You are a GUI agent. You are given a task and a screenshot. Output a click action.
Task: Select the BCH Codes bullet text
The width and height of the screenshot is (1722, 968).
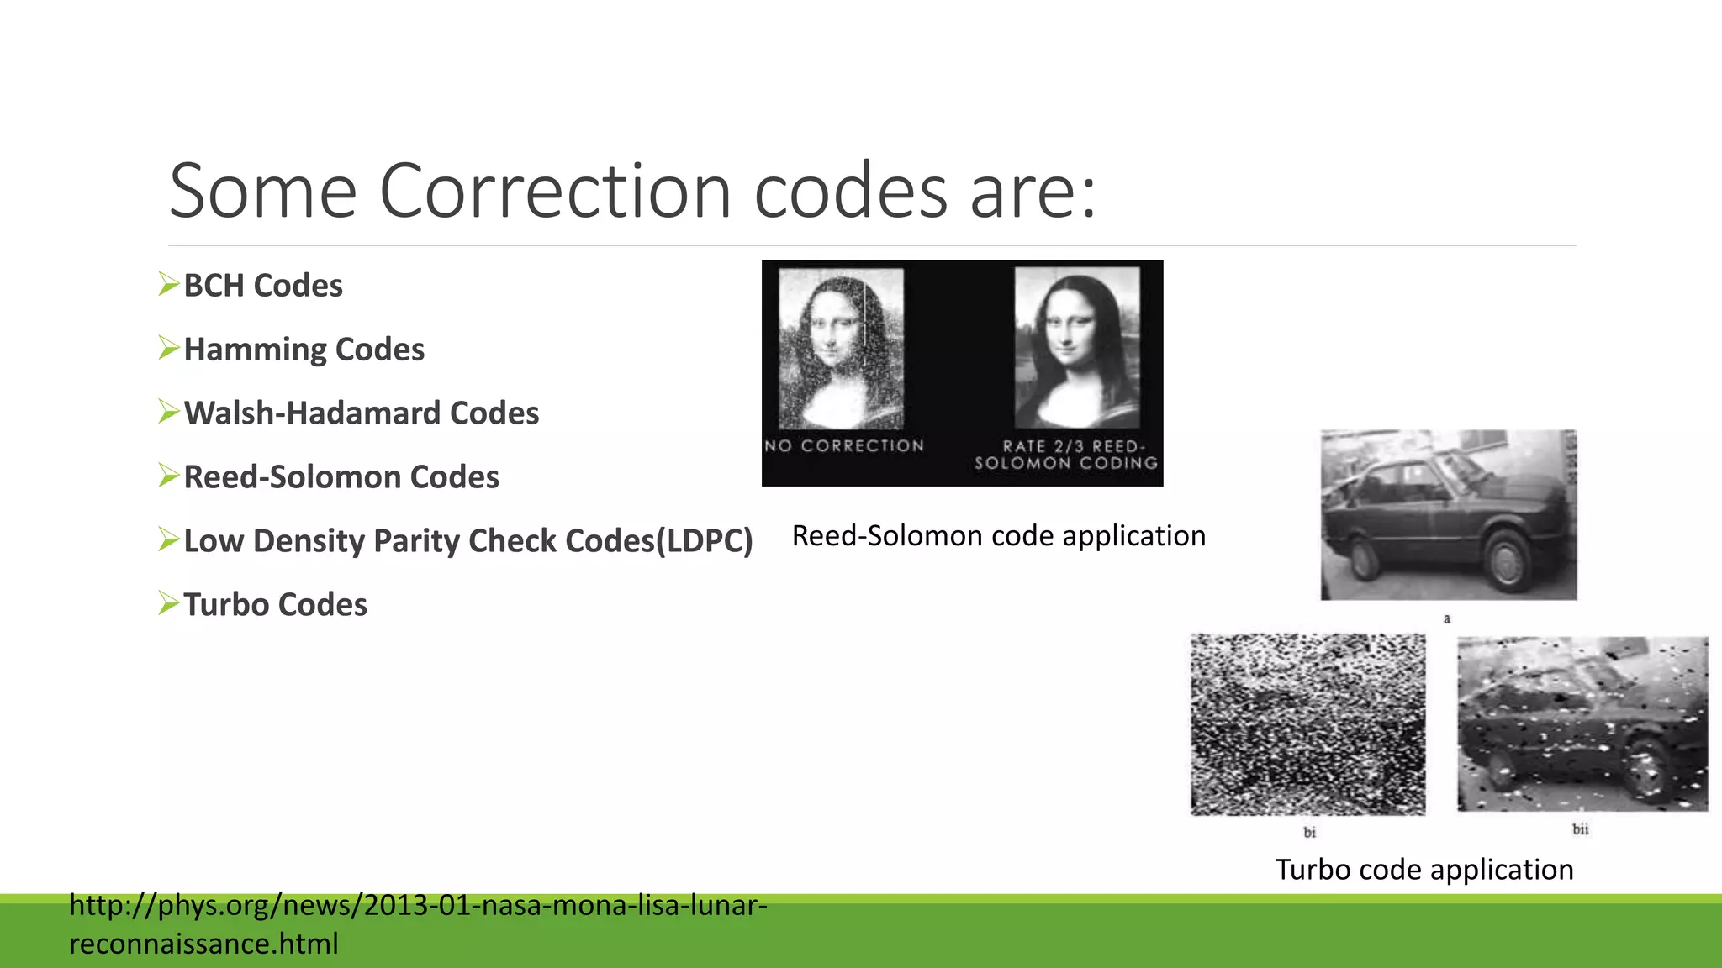(x=263, y=286)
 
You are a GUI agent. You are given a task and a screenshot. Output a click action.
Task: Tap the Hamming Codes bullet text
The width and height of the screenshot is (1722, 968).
(x=304, y=350)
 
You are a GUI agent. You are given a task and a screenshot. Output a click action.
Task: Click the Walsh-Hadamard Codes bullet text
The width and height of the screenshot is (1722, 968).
(x=361, y=413)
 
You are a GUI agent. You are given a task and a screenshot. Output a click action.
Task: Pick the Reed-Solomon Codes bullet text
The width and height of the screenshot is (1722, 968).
(x=341, y=477)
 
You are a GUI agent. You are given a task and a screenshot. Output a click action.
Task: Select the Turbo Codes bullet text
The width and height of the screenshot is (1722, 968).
(x=275, y=605)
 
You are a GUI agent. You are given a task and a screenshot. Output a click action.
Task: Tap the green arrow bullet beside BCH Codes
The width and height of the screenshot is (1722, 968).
(x=169, y=284)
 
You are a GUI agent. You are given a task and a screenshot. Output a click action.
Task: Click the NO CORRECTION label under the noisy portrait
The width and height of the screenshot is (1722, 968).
(x=844, y=445)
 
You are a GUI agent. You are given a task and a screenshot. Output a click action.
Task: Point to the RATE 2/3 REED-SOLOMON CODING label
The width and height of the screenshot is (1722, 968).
(x=1066, y=455)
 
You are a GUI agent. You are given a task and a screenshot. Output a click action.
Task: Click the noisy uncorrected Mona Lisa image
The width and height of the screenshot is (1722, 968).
(x=841, y=348)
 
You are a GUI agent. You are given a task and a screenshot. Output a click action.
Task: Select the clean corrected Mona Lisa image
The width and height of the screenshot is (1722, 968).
(x=1077, y=348)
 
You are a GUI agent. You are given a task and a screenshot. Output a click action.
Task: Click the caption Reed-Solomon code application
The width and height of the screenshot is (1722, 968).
(x=999, y=536)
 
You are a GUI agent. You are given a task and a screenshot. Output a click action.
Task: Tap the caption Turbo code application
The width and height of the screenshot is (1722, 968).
(x=1424, y=870)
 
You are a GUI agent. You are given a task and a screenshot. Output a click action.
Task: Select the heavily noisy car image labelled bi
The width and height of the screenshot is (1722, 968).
(x=1307, y=724)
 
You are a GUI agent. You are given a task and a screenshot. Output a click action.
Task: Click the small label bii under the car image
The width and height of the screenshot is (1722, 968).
(x=1581, y=829)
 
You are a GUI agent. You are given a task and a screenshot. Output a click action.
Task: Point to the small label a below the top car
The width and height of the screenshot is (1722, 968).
(x=1447, y=619)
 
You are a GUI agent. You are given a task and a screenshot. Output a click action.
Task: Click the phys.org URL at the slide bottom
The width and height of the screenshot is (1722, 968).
(x=418, y=906)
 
